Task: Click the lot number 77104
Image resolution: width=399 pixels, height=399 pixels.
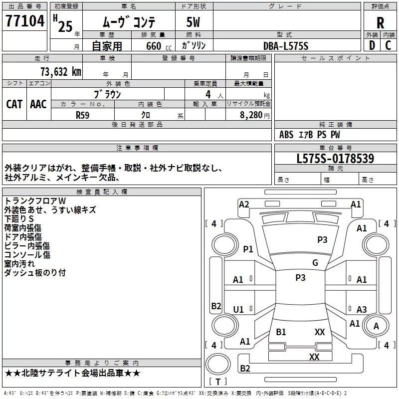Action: pos(25,21)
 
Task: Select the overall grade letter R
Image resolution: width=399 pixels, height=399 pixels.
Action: pos(380,22)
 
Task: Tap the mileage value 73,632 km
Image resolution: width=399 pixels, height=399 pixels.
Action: pos(61,72)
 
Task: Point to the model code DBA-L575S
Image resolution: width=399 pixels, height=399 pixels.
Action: pos(286,46)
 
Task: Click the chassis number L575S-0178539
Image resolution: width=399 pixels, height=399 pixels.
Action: pos(335,159)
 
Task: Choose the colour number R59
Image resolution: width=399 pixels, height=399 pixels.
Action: pos(83,115)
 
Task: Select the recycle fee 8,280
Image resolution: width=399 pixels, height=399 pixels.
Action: pos(251,115)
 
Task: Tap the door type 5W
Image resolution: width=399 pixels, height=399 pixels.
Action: pos(193,22)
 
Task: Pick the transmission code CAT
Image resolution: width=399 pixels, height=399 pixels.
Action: pos(14,104)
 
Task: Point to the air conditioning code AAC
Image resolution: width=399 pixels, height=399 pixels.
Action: pos(38,104)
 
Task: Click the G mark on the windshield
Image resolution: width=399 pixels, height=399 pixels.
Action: pos(315,262)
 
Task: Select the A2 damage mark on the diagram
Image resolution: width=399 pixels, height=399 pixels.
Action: pos(244,204)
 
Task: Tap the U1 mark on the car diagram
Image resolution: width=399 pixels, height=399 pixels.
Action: pos(238,309)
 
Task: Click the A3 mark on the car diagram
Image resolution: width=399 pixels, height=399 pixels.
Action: pos(362,309)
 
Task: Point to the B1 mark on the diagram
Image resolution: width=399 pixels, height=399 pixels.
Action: pos(281,332)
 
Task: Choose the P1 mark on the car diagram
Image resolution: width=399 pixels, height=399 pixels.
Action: pos(248,249)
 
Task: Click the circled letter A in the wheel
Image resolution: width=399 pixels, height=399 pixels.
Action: pos(376,326)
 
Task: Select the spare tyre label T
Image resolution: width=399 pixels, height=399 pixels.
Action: pos(218,382)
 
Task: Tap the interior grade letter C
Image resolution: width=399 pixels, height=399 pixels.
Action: pos(388,45)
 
